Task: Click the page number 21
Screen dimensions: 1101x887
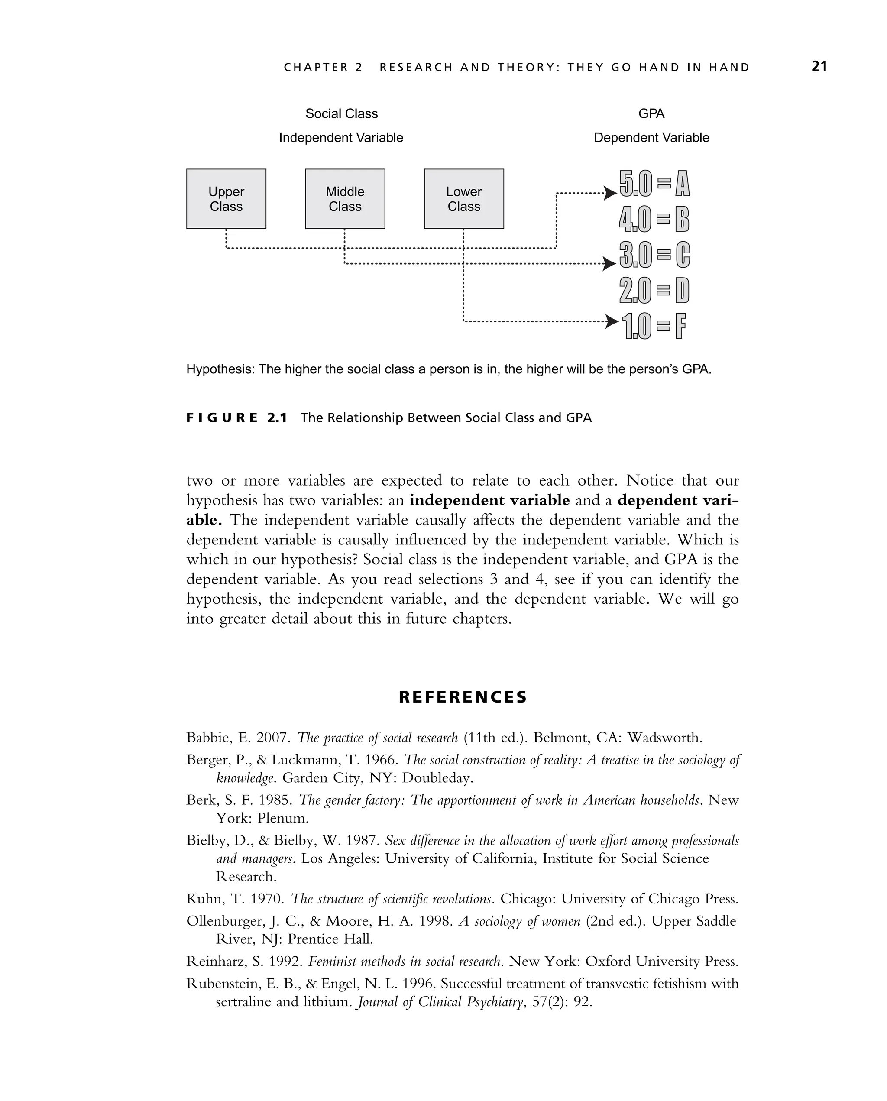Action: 819,66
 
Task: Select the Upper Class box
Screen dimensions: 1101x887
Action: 226,199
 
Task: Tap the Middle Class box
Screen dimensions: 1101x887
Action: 345,199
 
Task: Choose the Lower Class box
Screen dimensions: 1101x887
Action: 463,199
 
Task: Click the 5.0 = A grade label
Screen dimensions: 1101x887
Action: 654,183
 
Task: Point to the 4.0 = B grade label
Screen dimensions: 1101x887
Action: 654,220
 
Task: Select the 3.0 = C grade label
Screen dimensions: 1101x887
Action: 654,255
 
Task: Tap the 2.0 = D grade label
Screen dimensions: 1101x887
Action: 654,291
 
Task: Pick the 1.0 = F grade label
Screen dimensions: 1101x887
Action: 654,326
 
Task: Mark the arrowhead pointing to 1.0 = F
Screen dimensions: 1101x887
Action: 611,321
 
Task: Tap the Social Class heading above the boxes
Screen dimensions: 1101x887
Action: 341,113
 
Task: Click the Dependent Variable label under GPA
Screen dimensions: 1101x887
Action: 651,137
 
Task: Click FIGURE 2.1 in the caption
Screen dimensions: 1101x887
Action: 236,418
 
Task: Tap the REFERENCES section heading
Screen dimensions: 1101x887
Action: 463,697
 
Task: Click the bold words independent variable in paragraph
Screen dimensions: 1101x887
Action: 489,500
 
